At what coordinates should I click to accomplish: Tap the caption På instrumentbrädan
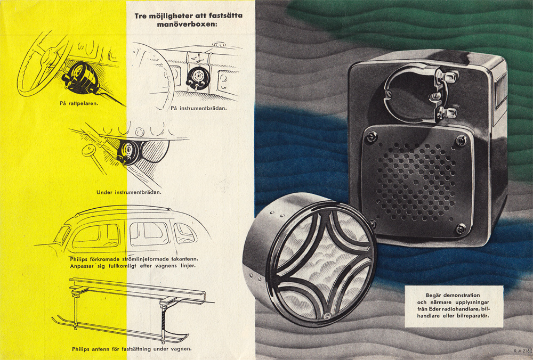(x=199, y=108)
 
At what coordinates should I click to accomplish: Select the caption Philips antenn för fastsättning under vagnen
(x=132, y=349)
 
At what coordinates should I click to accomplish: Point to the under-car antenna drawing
(x=123, y=309)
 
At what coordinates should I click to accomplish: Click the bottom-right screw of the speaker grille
(x=460, y=229)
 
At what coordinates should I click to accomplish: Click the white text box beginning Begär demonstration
(x=454, y=306)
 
